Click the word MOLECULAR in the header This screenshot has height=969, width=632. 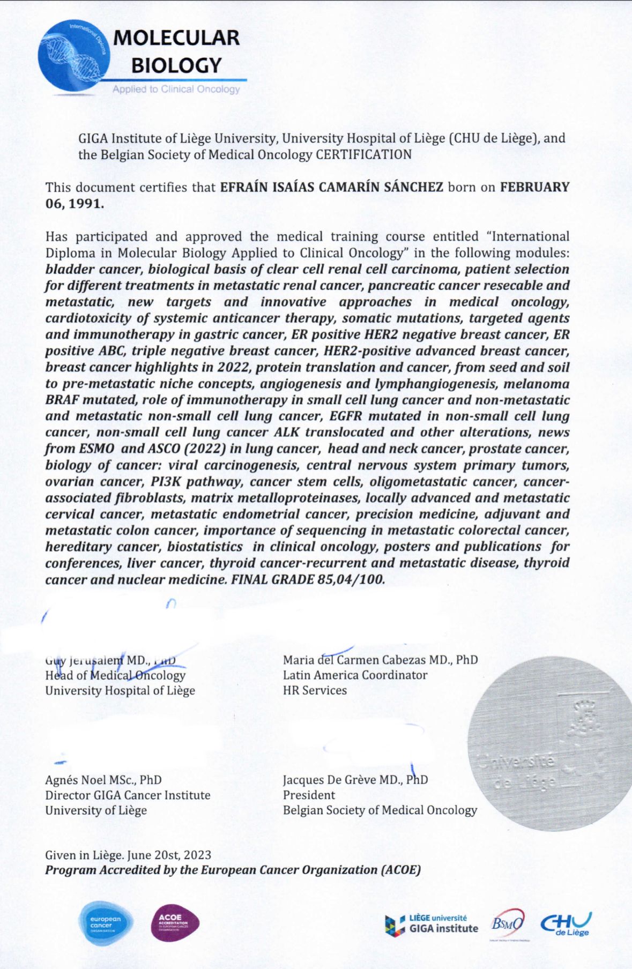click(x=176, y=38)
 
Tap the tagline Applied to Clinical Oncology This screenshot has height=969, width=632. click(x=176, y=89)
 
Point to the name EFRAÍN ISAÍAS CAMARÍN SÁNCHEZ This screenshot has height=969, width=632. click(x=332, y=187)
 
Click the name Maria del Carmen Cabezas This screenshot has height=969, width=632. click(x=354, y=660)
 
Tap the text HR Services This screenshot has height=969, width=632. click(x=315, y=690)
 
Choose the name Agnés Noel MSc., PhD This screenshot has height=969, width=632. click(x=103, y=780)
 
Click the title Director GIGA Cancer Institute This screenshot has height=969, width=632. click(x=128, y=795)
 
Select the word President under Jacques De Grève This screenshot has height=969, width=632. click(x=309, y=795)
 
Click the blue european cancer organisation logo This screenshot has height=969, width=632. click(x=106, y=923)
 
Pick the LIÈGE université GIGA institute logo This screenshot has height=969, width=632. click(x=431, y=925)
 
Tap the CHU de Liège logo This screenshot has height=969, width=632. click(x=566, y=924)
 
